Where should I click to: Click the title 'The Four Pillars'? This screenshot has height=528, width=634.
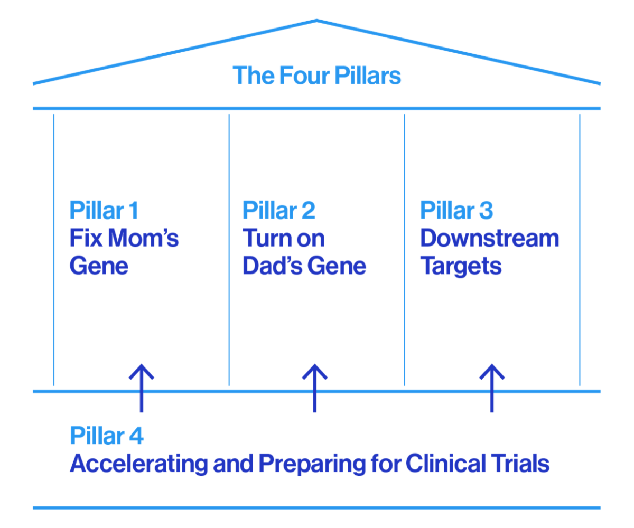[317, 76]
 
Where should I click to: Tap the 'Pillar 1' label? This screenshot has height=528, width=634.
[104, 210]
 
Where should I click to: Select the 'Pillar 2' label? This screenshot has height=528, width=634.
[278, 210]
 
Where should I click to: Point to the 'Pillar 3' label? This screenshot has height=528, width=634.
[456, 210]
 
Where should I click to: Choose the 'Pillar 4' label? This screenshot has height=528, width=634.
[107, 437]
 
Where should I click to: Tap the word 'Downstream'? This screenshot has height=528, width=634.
[489, 238]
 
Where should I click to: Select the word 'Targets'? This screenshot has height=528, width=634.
[461, 266]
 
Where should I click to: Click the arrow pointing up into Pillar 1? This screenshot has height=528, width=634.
[141, 388]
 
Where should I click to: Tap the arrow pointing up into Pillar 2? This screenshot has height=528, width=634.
[315, 388]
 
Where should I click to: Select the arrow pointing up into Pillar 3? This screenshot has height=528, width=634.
[492, 388]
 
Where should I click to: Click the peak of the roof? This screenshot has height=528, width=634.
[317, 21]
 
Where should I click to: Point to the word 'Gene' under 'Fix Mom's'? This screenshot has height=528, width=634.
[99, 266]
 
